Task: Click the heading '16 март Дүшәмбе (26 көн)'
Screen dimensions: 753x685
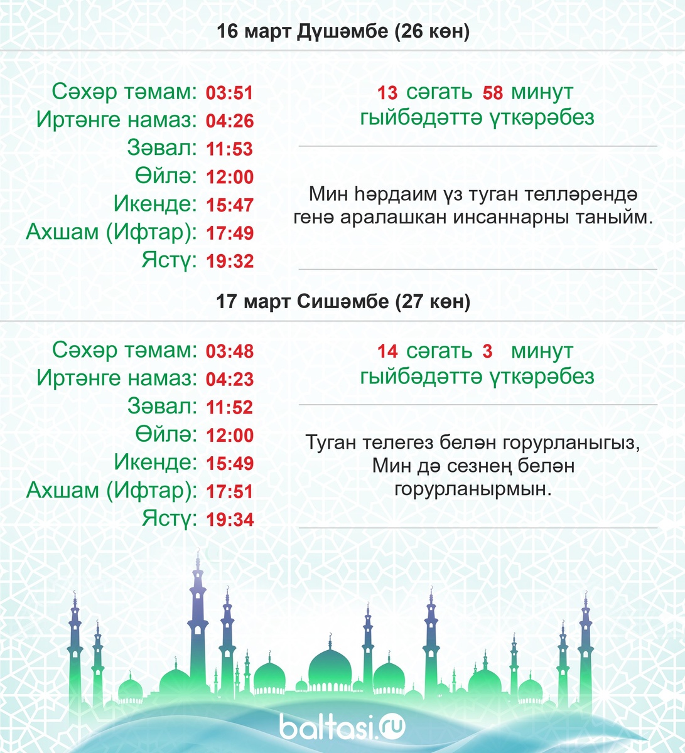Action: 343,31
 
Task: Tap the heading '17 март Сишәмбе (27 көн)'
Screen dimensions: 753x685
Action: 343,302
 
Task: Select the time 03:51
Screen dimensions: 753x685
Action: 230,93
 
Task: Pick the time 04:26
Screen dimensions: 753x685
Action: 230,121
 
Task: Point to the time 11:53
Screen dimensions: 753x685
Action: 230,149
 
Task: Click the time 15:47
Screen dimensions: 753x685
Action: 230,205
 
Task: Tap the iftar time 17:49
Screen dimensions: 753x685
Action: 230,233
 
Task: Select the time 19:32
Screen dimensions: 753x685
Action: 230,261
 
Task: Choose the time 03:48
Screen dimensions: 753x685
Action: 230,351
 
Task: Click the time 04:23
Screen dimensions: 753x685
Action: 230,379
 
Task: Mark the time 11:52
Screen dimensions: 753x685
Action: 230,407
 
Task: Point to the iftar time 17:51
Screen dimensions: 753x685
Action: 230,491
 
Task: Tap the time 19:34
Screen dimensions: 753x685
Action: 230,520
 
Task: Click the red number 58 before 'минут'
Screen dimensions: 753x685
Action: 493,93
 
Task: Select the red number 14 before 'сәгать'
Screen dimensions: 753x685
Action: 387,351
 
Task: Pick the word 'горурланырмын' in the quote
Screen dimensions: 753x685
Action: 473,489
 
